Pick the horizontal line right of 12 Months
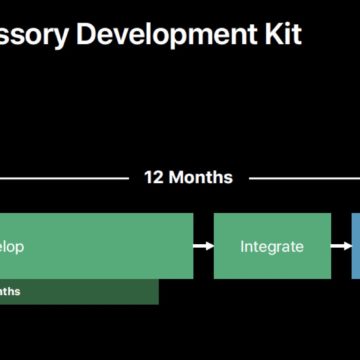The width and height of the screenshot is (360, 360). [300, 178]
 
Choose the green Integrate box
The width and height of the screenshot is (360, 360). [271, 245]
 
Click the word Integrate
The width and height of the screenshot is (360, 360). [271, 245]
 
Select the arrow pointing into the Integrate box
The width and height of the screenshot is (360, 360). [203, 245]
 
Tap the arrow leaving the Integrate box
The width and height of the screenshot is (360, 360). [340, 245]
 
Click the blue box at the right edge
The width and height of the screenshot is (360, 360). [355, 245]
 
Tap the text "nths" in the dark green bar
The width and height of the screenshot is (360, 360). [9, 291]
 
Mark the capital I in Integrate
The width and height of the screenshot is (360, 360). [243, 245]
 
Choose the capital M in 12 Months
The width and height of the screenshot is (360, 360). [178, 177]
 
